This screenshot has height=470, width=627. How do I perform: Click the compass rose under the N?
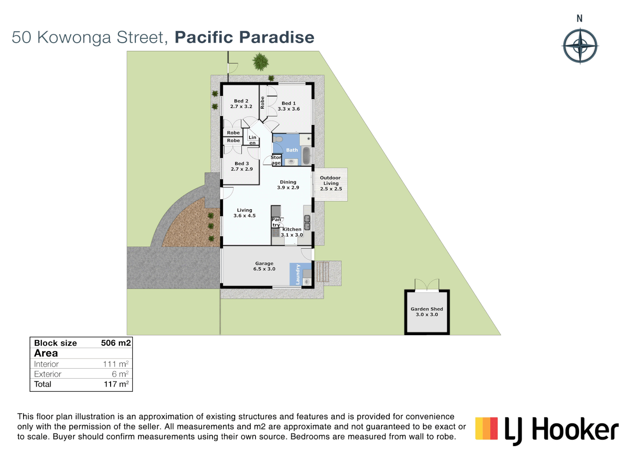tap(580, 46)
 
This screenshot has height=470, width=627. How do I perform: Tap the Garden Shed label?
tap(427, 312)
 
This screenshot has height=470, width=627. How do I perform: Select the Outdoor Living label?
tap(331, 183)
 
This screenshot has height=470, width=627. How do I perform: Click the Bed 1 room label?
tap(289, 106)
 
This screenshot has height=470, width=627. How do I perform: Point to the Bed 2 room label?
tap(241, 104)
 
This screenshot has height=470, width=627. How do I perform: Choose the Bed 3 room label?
tap(242, 166)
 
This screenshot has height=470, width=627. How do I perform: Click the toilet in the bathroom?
tap(278, 139)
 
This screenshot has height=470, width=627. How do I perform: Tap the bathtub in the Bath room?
tap(307, 155)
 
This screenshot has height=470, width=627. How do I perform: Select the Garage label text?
tap(264, 266)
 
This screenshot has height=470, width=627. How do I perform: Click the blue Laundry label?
tap(298, 274)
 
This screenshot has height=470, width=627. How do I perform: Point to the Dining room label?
tap(288, 185)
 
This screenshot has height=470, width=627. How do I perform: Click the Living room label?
tap(244, 213)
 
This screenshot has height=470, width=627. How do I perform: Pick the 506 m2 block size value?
tap(116, 343)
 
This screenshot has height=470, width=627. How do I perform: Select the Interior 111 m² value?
tap(116, 364)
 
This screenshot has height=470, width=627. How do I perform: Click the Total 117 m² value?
tap(116, 384)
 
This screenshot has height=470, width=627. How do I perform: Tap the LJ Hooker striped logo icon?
tap(486, 429)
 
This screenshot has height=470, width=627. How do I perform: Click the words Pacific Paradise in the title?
tap(244, 37)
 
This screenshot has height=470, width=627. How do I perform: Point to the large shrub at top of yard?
tap(261, 62)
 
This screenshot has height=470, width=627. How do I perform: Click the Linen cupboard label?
tap(253, 140)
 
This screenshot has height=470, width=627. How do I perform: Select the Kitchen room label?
tap(292, 232)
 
